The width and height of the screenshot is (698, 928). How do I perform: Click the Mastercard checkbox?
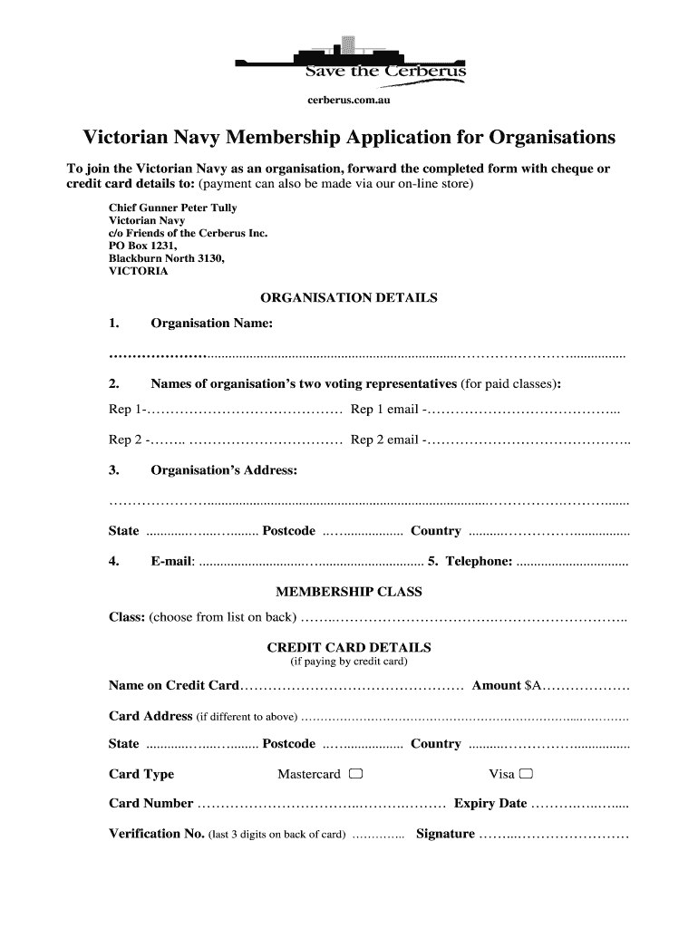click(355, 774)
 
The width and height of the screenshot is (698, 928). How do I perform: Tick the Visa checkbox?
click(527, 774)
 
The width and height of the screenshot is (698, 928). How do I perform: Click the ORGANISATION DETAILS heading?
click(349, 297)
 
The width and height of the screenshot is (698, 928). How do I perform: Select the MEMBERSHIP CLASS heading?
click(349, 592)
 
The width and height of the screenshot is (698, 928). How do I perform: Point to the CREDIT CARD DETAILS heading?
click(349, 647)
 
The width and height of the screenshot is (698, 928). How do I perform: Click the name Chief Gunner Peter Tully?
click(173, 208)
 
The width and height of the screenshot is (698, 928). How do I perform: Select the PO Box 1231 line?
click(143, 246)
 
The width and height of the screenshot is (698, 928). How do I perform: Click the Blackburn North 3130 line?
click(166, 258)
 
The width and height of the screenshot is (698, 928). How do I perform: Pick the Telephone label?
click(476, 561)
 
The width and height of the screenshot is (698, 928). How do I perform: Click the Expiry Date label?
click(490, 803)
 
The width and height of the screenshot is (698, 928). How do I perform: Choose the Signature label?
click(445, 834)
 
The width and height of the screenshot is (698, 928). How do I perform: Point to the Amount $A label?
click(507, 686)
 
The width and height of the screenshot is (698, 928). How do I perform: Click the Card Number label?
click(150, 803)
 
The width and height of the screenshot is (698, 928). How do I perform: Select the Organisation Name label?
click(211, 324)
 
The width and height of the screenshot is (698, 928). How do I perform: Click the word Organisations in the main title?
click(553, 138)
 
